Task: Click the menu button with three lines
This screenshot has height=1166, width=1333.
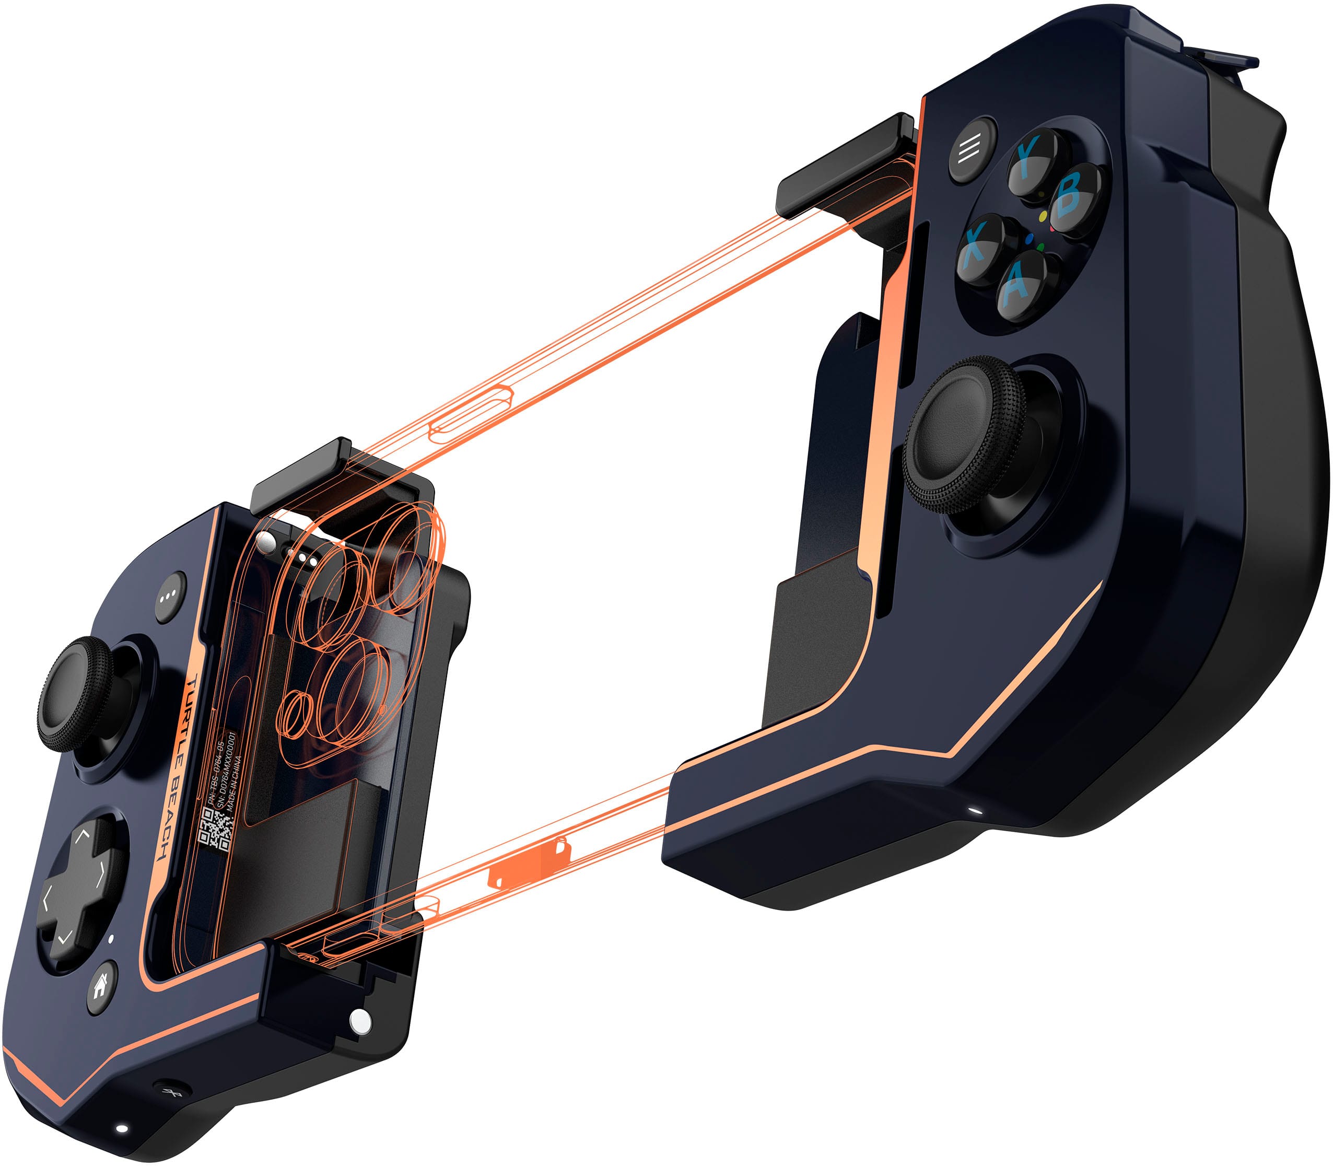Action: click(972, 149)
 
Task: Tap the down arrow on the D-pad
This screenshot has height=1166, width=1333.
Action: click(64, 937)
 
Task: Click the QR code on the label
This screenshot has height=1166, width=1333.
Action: click(215, 829)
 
